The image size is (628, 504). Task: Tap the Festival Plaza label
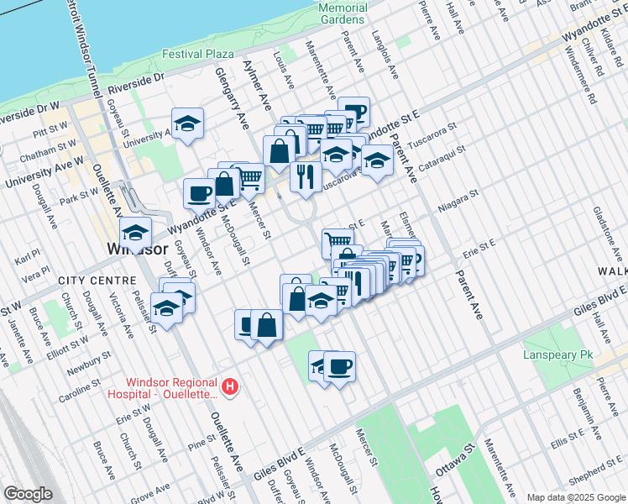tap(198, 54)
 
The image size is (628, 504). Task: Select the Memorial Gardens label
tap(342, 13)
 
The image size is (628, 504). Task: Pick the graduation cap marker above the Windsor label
tap(135, 232)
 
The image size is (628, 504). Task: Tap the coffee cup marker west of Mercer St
tap(200, 192)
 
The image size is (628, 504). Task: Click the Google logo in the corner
tap(28, 494)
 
